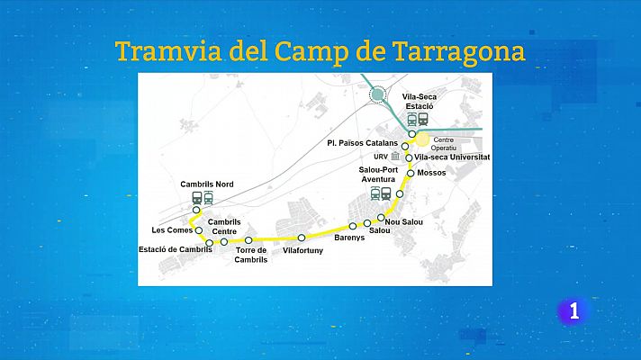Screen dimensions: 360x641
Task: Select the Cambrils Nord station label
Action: point(206,184)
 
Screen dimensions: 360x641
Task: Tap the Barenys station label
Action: point(349,239)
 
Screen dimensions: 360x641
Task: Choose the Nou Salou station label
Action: point(403,221)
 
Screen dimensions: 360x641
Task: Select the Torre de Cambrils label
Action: point(252,255)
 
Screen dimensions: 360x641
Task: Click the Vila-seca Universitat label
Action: point(452,157)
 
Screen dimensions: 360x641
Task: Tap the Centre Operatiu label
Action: point(444,144)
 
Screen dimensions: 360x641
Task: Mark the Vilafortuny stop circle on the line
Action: point(302,238)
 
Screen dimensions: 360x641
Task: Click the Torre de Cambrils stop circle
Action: point(248,239)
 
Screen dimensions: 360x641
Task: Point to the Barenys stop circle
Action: point(353,226)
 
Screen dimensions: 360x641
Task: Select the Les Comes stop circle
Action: point(200,230)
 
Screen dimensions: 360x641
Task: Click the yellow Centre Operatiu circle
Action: point(422,140)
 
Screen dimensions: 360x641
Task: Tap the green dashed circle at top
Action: point(378,94)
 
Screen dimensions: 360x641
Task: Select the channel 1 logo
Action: point(573,311)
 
